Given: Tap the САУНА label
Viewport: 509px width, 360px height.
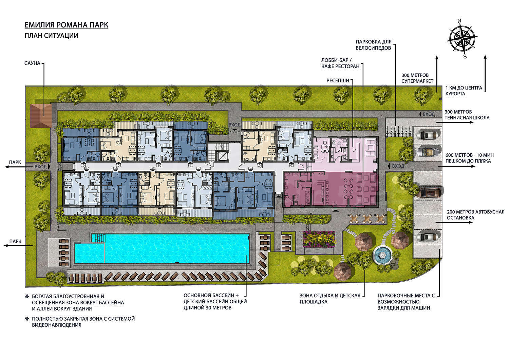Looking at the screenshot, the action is (x=32, y=63).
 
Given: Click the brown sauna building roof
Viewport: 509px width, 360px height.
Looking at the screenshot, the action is (x=41, y=116).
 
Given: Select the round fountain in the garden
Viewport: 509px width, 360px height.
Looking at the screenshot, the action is (x=383, y=256).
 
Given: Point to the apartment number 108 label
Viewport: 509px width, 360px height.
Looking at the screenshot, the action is (x=83, y=166).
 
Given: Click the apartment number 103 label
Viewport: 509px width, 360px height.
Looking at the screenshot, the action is (x=250, y=168).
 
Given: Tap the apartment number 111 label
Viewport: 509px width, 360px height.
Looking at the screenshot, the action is (x=190, y=166).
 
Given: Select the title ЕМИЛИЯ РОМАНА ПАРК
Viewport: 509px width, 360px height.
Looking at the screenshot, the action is (x=67, y=25).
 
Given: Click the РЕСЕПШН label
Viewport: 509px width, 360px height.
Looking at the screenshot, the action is (x=338, y=81).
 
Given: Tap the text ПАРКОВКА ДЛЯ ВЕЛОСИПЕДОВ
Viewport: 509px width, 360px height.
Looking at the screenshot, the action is (x=373, y=45).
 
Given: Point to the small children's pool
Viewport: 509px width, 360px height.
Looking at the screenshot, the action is (x=89, y=253).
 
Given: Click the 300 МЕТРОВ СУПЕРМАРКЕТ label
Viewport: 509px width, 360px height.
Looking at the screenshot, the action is (x=417, y=78).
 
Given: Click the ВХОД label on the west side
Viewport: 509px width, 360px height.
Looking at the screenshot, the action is (x=40, y=167).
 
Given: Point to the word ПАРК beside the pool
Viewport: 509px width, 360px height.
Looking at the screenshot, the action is (x=15, y=241).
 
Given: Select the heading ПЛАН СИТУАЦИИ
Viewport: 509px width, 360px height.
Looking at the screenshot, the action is (x=51, y=36).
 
